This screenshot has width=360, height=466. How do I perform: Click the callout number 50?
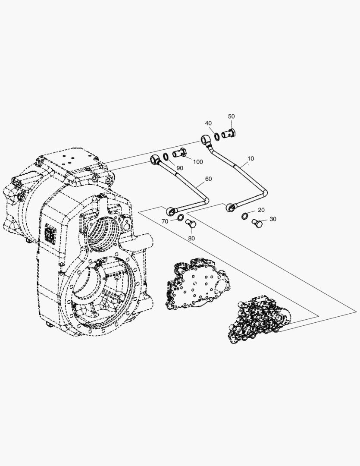pos(232,116)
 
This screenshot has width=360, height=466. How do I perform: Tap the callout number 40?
pos(209,123)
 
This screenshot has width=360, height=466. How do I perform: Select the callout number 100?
pos(198,162)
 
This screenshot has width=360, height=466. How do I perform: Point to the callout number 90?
pos(179,168)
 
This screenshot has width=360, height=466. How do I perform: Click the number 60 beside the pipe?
pos(209,179)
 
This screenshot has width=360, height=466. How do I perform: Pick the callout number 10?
pos(250,158)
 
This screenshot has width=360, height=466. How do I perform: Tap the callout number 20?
pos(261,210)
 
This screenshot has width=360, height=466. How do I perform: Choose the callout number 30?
pos(272,219)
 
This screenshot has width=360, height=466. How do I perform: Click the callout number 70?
pos(165,221)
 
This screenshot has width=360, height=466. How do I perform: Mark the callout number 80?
pos(191,238)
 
